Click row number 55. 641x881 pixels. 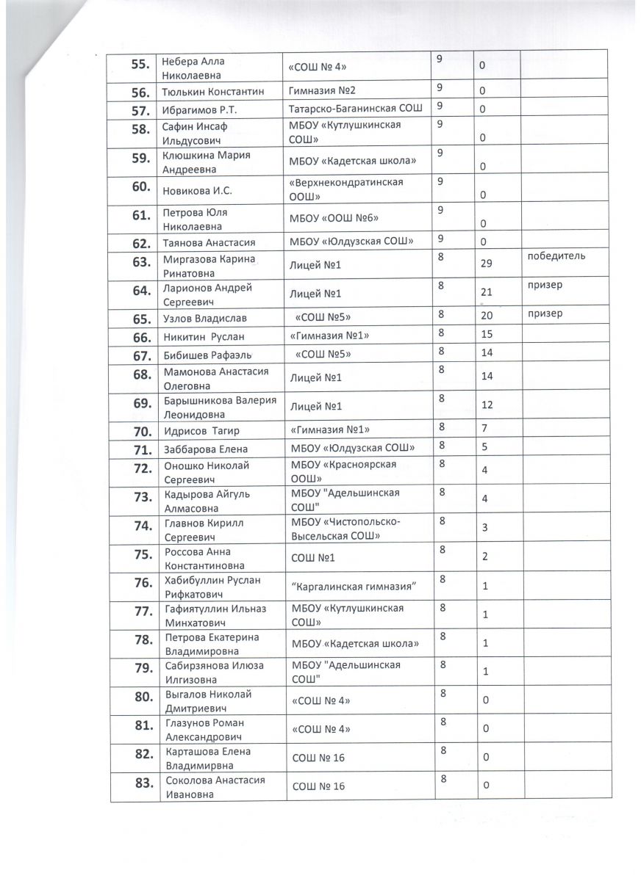(139, 65)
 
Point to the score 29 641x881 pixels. (486, 263)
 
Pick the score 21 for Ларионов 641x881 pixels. (486, 291)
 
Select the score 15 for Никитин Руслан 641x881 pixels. (486, 335)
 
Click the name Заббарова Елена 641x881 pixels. (205, 449)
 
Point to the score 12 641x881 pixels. (486, 405)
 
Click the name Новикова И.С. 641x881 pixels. (197, 192)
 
